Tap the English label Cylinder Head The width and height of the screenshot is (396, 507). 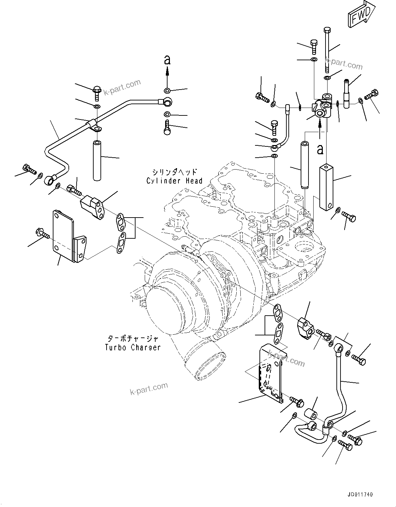[x=174, y=181]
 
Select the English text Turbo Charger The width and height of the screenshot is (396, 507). [x=132, y=347]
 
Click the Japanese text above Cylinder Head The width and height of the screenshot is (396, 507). [x=175, y=172]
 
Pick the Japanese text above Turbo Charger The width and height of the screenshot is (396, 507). [x=133, y=338]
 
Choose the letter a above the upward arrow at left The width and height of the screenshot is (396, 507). [x=167, y=60]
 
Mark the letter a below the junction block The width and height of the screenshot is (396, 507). [x=320, y=148]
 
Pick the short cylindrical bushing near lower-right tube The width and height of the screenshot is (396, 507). [x=311, y=413]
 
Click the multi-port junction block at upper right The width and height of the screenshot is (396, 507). [x=322, y=108]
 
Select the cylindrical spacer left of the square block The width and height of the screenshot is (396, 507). [x=304, y=165]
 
